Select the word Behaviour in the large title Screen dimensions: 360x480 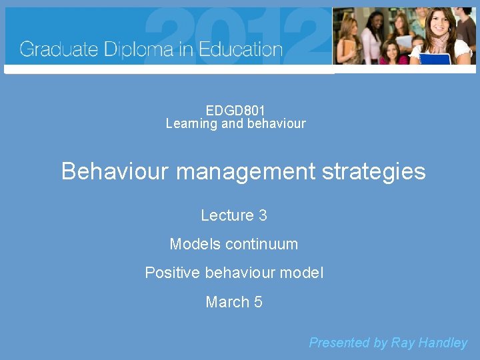tap(115, 171)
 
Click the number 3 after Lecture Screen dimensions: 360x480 tap(263, 215)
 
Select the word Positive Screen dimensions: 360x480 tap(173, 273)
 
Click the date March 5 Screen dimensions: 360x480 tap(234, 302)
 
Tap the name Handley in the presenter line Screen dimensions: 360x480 tap(443, 343)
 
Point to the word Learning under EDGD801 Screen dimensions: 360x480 tap(191, 123)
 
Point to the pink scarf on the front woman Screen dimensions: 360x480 tap(440, 43)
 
